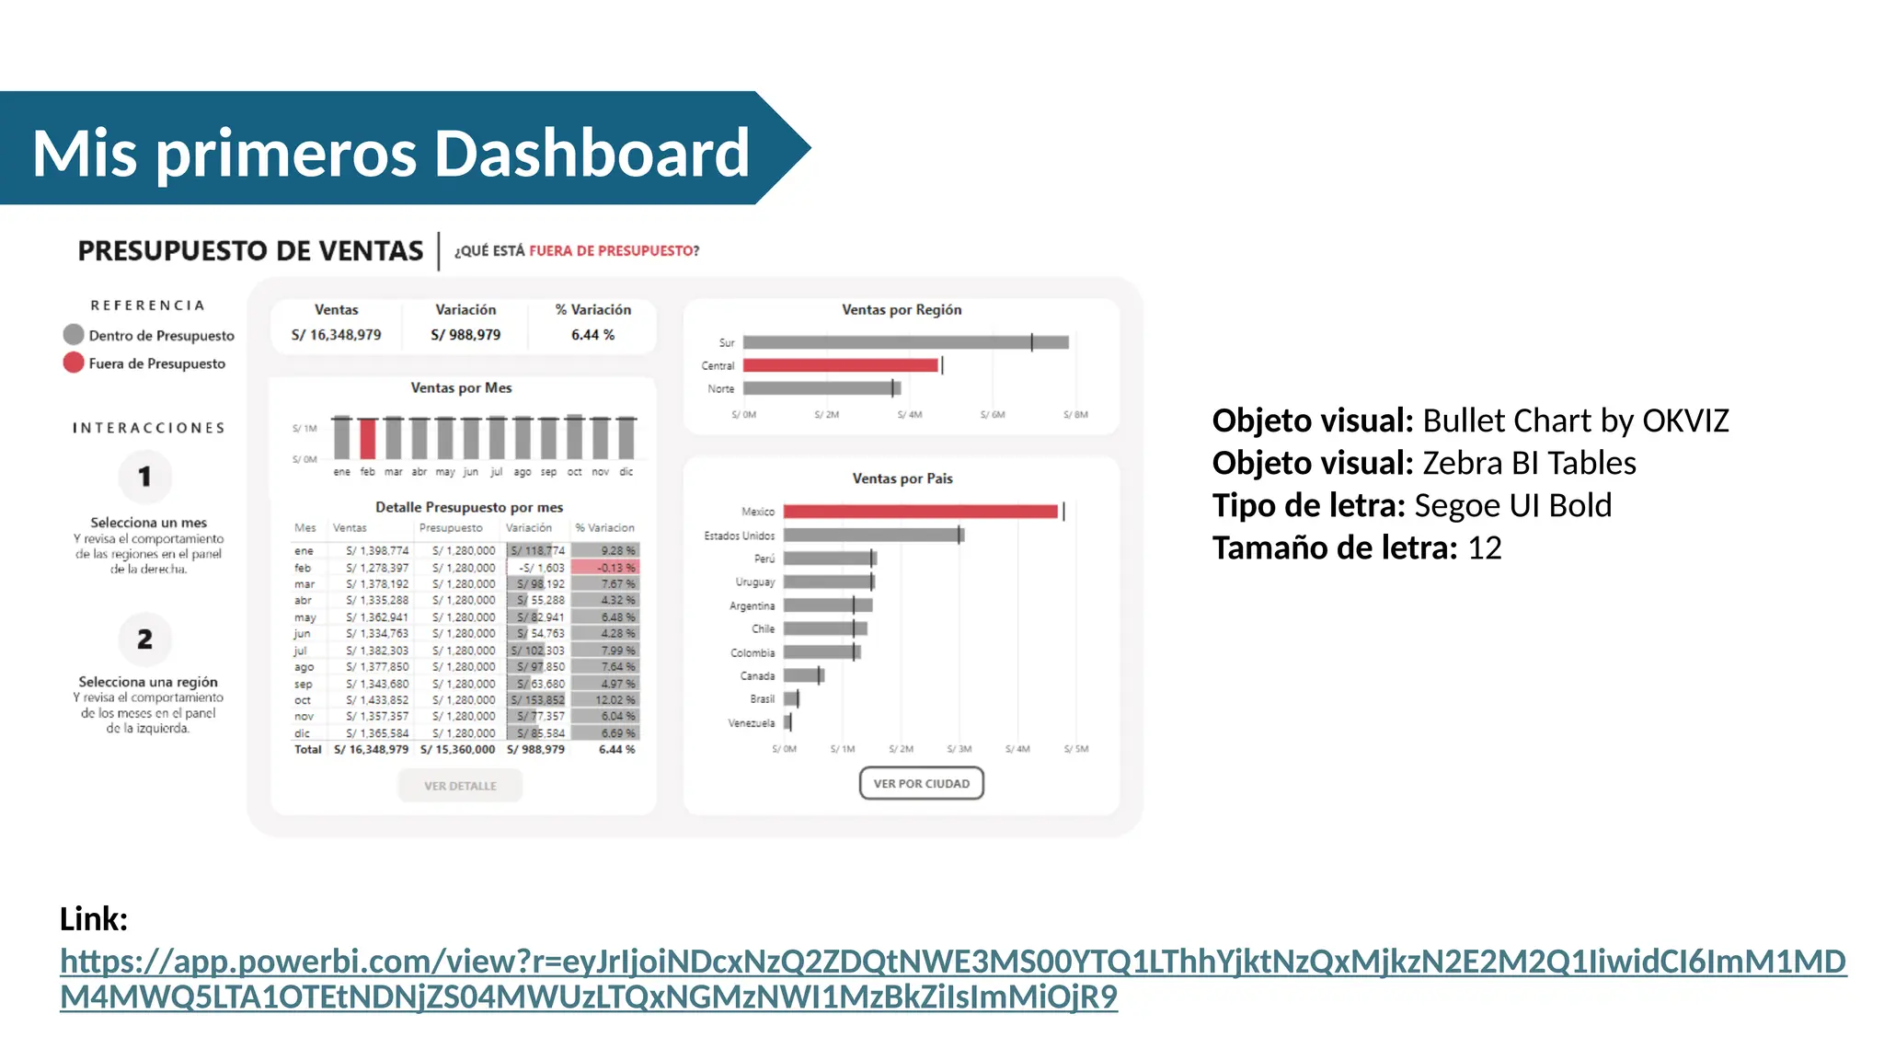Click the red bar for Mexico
920,512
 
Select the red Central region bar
840,365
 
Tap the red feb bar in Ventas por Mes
368,439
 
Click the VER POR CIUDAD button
921,784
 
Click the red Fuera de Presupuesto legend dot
74,363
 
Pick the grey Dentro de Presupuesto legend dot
74,335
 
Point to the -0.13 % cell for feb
606,568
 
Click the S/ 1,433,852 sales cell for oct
377,700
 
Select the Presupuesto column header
451,528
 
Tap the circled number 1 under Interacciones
144,477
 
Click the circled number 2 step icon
144,639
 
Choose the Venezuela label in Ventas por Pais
752,723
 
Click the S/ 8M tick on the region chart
1075,415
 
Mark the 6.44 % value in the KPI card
592,335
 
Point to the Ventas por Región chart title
902,310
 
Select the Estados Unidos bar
872,535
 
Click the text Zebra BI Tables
1529,463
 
